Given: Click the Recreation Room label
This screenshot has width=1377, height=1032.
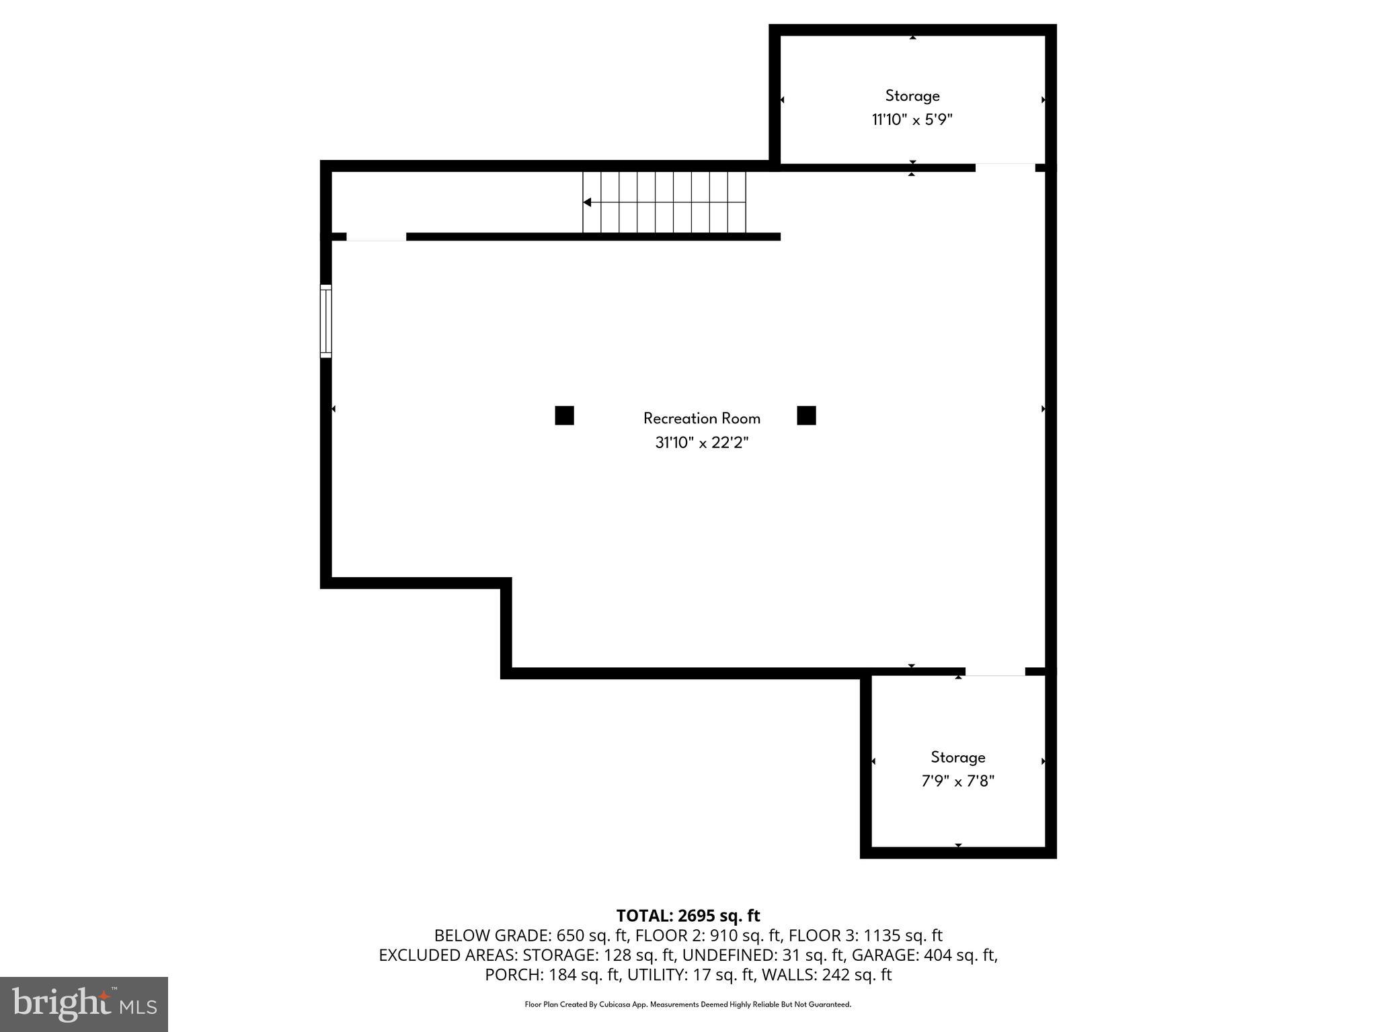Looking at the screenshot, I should click(701, 419).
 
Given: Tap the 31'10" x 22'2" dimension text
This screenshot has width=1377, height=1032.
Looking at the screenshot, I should click(701, 443).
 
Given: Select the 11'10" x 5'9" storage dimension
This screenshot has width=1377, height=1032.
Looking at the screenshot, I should click(912, 120).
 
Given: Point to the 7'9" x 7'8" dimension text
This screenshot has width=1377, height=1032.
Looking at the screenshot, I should click(957, 781).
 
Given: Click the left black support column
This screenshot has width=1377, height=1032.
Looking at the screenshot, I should click(564, 416).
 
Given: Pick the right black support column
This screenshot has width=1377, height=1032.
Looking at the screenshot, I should click(806, 416).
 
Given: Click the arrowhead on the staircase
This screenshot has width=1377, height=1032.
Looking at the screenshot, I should click(587, 202).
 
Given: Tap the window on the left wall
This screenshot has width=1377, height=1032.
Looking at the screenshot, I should click(325, 321).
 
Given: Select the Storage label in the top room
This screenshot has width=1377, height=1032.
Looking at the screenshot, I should click(912, 96).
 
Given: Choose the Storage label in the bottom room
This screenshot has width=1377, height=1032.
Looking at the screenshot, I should click(957, 757).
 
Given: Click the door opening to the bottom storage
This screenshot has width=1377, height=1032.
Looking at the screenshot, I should click(995, 672).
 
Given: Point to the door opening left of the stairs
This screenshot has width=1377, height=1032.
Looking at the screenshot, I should click(376, 236).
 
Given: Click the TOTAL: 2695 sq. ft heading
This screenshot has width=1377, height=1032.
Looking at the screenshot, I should click(688, 916).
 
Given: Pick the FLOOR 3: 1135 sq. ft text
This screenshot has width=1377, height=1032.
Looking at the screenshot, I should click(865, 935).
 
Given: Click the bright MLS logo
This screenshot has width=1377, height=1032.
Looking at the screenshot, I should click(84, 1004).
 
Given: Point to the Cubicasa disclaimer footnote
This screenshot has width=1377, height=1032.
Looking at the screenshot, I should click(688, 1004).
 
